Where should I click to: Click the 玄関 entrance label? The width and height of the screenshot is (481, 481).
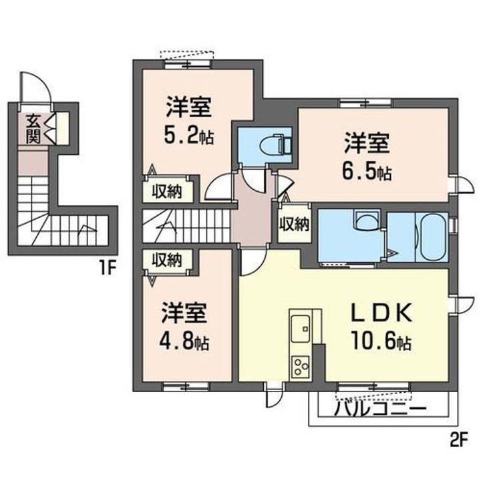[x=33, y=129]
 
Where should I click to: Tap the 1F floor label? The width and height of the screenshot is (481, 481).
[x=107, y=269]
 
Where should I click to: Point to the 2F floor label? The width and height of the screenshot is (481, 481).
[x=459, y=440]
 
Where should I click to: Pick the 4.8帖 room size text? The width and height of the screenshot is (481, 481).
[x=184, y=342]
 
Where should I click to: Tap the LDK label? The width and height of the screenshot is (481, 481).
[x=381, y=313]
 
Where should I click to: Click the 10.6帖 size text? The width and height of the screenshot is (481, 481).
[x=381, y=341]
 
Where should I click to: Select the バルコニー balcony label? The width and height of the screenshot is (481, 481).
[x=380, y=409]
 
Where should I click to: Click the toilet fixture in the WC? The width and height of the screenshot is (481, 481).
[x=275, y=144]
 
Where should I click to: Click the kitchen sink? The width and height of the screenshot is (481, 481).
[x=301, y=329]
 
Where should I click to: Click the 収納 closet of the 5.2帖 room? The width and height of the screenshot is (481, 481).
[x=168, y=192]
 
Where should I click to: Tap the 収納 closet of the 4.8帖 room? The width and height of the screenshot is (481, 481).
[x=168, y=261]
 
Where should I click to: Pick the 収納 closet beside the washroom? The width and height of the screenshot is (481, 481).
[x=294, y=224]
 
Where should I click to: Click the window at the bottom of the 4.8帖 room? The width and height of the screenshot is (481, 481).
[x=186, y=387]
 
